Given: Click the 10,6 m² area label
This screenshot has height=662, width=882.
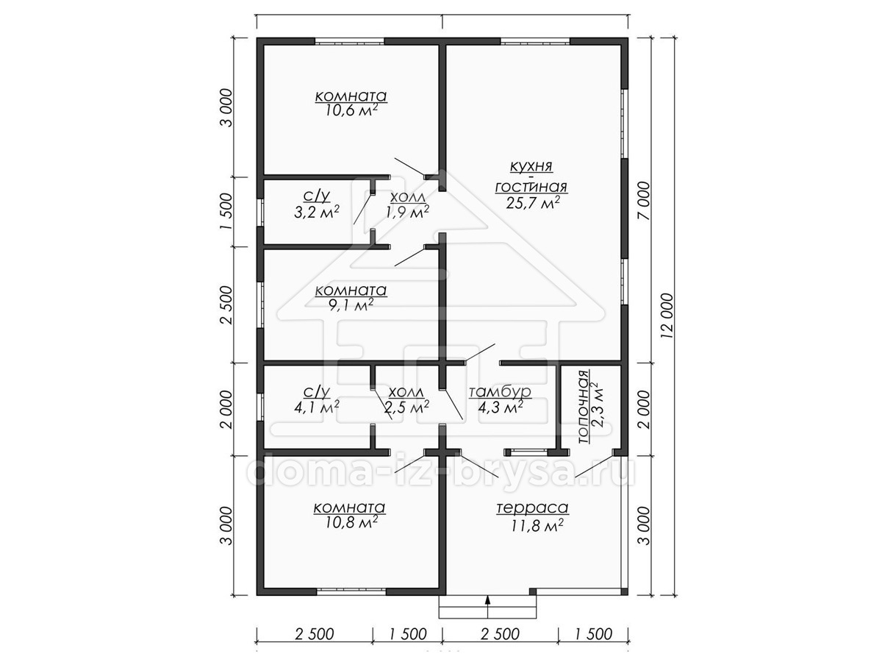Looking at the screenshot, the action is click(x=351, y=110).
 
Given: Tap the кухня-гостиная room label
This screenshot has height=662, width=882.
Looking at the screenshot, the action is click(x=531, y=177).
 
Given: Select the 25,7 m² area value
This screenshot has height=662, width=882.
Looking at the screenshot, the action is click(x=533, y=202).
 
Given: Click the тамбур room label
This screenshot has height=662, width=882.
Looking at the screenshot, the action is click(x=501, y=391).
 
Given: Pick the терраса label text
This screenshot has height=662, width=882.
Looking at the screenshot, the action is click(x=532, y=508).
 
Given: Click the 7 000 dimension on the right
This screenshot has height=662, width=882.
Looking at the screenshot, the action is click(x=644, y=201).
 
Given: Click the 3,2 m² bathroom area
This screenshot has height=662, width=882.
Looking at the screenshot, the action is click(x=317, y=211).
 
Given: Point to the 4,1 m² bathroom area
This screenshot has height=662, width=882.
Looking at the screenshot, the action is click(x=317, y=407).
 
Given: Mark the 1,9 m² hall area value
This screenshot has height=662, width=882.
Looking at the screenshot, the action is click(x=407, y=211).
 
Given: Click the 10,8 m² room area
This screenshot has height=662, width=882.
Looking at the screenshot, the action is click(x=350, y=522).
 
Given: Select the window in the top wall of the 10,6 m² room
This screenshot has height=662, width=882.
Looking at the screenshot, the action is click(x=349, y=41).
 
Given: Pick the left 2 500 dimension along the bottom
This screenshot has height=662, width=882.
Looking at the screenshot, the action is click(x=315, y=634).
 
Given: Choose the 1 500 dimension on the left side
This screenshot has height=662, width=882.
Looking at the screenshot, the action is click(x=226, y=211).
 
